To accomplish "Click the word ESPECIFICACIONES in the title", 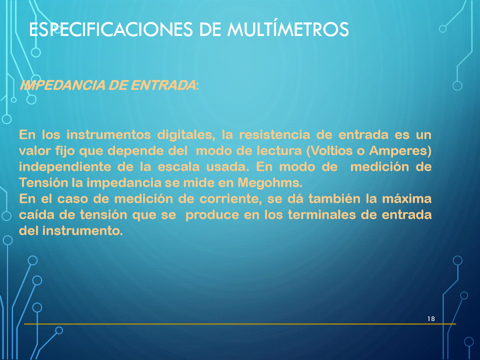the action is (x=111, y=29).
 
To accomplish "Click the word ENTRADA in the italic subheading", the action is (x=163, y=85).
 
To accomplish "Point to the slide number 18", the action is (x=431, y=318).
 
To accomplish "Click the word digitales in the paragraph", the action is (x=186, y=135).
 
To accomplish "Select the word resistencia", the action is (x=274, y=134).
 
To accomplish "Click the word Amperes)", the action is (x=400, y=151).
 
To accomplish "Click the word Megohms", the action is (x=270, y=183).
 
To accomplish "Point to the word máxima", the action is (x=407, y=198).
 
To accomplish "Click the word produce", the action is (x=212, y=215).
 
